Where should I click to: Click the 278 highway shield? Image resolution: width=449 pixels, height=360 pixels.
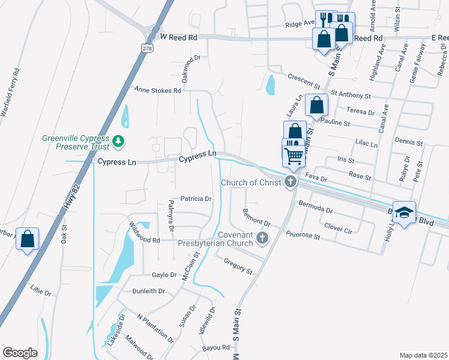(x=147, y=47)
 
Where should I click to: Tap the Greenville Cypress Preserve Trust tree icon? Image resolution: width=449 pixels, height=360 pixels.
(x=119, y=142)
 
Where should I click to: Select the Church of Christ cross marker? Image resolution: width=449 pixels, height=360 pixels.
(x=291, y=182)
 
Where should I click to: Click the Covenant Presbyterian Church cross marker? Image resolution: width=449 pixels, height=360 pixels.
(x=262, y=239)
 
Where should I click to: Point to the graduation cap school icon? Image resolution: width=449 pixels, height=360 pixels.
(x=404, y=212)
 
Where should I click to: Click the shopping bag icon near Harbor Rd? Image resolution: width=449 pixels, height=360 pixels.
(x=27, y=239)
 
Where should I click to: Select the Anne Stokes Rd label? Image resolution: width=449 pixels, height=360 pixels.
(x=157, y=91)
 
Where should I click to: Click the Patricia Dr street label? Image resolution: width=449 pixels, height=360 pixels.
(x=196, y=199)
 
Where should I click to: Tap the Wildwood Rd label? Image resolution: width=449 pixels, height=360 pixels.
(x=144, y=235)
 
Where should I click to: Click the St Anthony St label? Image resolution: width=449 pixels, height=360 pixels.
(x=351, y=95)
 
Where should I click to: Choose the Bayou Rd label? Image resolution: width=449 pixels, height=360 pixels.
(x=217, y=347)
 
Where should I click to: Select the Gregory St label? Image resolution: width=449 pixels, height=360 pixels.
(x=238, y=266)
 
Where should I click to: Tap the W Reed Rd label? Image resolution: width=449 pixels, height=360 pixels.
(x=179, y=37)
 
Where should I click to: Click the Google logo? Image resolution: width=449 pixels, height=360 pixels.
(x=20, y=352)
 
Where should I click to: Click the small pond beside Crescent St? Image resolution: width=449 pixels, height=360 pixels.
(x=270, y=85)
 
